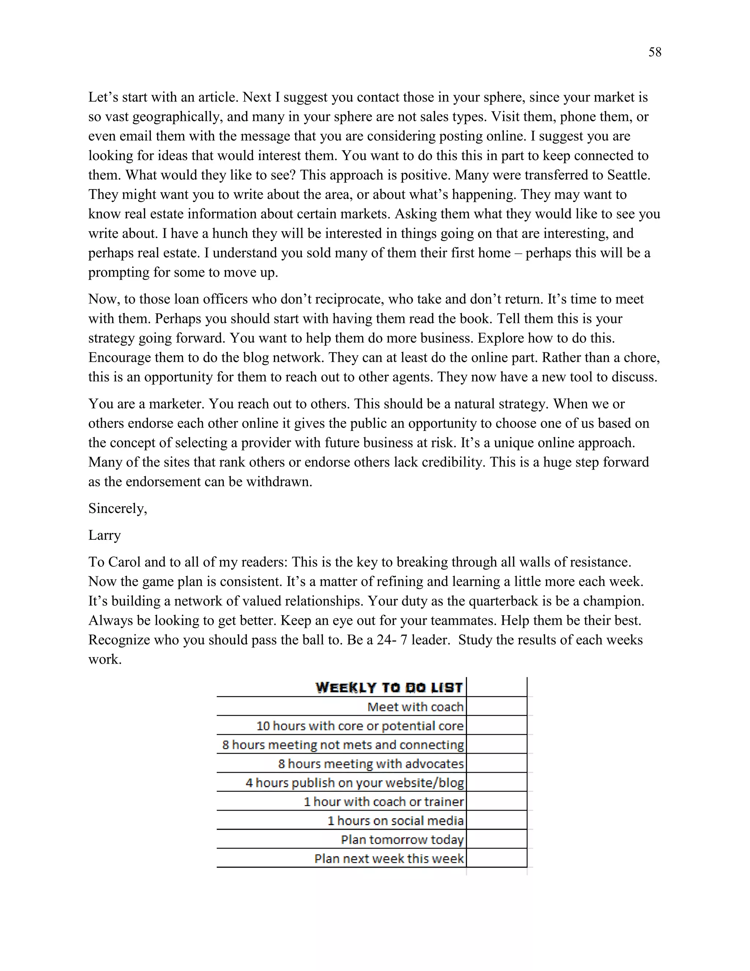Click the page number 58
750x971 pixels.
coord(654,52)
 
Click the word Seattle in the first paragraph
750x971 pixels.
coord(627,175)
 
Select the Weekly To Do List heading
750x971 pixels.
coord(389,688)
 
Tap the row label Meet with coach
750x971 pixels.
coord(415,707)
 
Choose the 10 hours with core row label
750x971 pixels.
coord(360,726)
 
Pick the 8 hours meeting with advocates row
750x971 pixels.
coord(371,764)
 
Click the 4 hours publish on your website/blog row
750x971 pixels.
coord(354,783)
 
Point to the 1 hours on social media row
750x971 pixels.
coord(396,821)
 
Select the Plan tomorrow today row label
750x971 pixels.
coord(402,840)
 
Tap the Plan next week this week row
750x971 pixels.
coord(389,859)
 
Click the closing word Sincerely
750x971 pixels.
coord(117,509)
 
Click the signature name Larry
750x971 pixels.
coord(104,535)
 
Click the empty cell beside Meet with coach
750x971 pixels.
coord(496,707)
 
